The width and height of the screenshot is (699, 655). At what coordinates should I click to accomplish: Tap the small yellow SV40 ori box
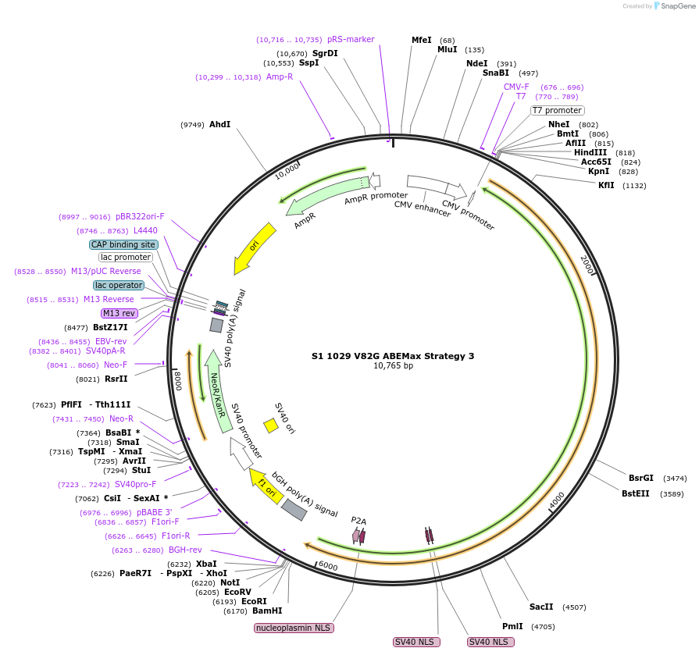[x=271, y=425]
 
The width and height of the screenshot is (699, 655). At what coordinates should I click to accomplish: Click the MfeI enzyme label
[x=421, y=40]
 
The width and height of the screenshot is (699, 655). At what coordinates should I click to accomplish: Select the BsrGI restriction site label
[x=641, y=478]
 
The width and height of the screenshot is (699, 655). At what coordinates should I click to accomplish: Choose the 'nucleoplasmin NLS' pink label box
[x=294, y=628]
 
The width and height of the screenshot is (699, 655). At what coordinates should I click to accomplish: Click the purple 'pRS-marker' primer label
[x=351, y=39]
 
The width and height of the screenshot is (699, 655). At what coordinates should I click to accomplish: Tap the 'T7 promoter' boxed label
[x=557, y=110]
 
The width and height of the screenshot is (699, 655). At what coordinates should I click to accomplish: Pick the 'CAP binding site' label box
[x=124, y=244]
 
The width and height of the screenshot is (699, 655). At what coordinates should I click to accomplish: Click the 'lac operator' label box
[x=119, y=285]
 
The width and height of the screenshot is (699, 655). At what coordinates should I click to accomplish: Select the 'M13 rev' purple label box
[x=119, y=313]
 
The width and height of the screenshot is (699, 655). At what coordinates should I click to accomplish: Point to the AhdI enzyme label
[x=219, y=124]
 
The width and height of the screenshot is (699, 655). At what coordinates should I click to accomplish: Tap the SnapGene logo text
[x=676, y=6]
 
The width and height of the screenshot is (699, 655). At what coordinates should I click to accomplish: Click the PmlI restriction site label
[x=512, y=626]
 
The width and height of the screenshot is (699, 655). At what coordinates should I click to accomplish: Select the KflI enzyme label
[x=606, y=185]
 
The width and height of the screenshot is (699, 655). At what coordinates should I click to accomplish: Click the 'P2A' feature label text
[x=358, y=520]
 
